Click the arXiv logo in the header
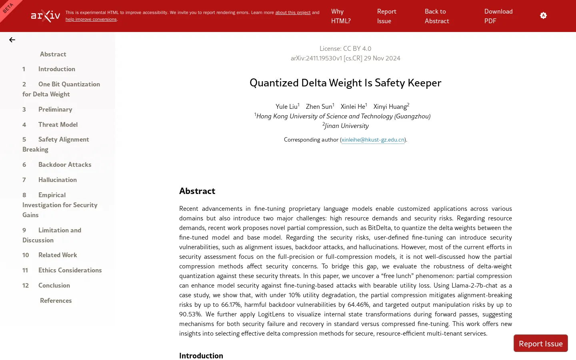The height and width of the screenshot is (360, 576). (x=46, y=16)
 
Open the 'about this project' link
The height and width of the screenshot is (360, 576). (x=292, y=12)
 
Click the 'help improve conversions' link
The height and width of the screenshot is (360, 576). (x=91, y=19)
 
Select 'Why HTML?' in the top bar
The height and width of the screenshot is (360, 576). (x=340, y=16)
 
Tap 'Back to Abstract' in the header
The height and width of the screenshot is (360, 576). (x=436, y=16)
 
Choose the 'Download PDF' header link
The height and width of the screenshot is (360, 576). (x=498, y=16)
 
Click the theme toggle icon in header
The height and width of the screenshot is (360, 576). (x=543, y=16)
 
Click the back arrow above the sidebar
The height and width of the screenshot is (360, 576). (x=12, y=40)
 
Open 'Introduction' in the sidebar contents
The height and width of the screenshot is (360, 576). (x=56, y=69)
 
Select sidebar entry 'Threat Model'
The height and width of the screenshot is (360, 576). (x=58, y=124)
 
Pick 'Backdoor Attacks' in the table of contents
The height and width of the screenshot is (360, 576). (x=64, y=164)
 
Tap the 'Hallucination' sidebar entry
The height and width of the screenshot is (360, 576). (x=57, y=180)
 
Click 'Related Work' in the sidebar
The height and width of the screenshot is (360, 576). (x=58, y=255)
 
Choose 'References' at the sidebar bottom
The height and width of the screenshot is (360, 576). (x=56, y=300)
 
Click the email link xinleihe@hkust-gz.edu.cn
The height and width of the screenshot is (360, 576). (x=373, y=140)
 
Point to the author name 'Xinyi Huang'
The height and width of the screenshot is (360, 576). (x=390, y=106)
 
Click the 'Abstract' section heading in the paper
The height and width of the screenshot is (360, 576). (x=197, y=191)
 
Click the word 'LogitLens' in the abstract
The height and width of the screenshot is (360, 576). (x=271, y=314)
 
